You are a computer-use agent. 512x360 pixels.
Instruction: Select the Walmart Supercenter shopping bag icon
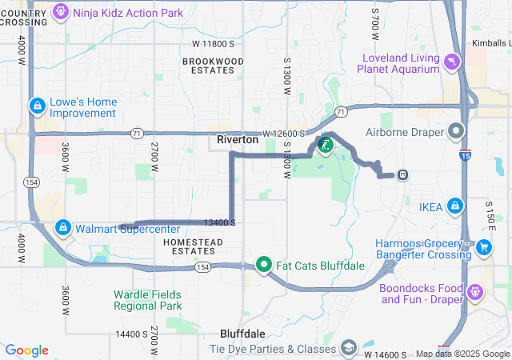point(62,228)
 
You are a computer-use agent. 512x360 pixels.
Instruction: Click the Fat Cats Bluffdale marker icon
point(263,264)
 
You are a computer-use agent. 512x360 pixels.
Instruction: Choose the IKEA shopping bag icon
point(455,206)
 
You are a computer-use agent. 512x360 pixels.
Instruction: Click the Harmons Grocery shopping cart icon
point(483,248)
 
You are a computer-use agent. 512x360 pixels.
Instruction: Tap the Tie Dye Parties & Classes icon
point(348,348)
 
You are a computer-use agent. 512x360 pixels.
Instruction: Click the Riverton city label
point(238,139)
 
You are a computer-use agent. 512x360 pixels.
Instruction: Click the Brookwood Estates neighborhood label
point(213,66)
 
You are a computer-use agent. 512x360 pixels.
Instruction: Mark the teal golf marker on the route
point(326,145)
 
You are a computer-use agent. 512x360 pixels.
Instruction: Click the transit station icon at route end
point(403,175)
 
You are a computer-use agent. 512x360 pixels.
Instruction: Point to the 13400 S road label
point(219,222)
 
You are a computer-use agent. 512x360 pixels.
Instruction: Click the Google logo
point(27,350)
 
